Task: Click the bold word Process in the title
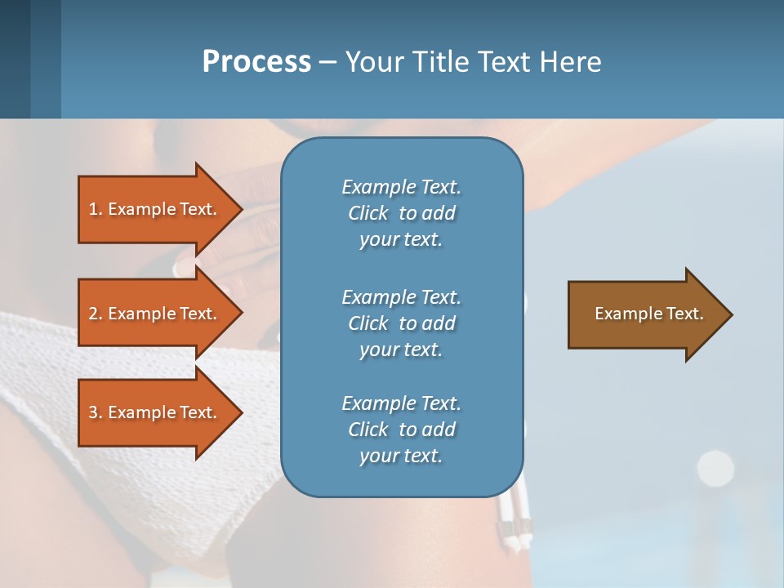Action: click(x=256, y=62)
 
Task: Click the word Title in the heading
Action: click(x=439, y=62)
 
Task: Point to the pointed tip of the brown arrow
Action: click(x=728, y=314)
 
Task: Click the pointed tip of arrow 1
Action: click(x=239, y=209)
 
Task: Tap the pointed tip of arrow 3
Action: click(x=239, y=412)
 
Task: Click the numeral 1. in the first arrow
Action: click(x=96, y=209)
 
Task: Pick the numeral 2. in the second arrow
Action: click(x=96, y=314)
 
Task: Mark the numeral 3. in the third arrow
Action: click(x=96, y=412)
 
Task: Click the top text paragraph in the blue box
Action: click(x=401, y=213)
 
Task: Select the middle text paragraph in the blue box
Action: click(x=401, y=323)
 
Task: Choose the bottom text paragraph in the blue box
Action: click(x=401, y=430)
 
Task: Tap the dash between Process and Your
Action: click(x=327, y=63)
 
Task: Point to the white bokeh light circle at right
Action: click(x=715, y=467)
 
